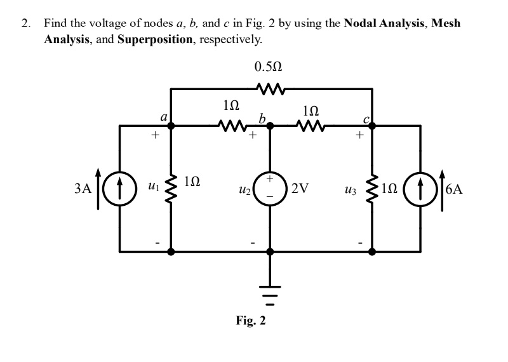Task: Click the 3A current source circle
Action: pos(120,189)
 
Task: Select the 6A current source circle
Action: pos(420,189)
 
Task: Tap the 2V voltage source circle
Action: pos(270,189)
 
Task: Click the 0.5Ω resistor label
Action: pos(268,67)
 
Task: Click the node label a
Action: pos(163,117)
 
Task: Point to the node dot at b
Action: pos(270,126)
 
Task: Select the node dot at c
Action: pos(372,126)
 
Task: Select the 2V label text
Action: pos(300,189)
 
